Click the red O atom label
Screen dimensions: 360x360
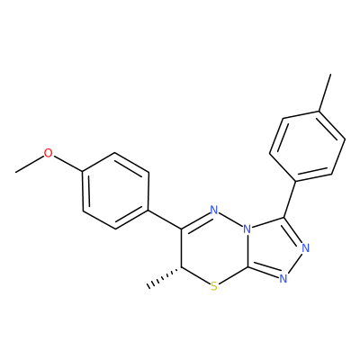pyautogui.click(x=48, y=153)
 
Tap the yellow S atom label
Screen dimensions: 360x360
pyautogui.click(x=213, y=287)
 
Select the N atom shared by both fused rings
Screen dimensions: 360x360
pyautogui.click(x=247, y=229)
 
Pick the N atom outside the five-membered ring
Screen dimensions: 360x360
pyautogui.click(x=214, y=210)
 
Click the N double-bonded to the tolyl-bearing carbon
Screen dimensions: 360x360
pyautogui.click(x=305, y=248)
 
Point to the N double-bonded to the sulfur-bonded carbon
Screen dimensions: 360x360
pyautogui.click(x=283, y=279)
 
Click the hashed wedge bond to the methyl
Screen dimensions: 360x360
pyautogui.click(x=164, y=277)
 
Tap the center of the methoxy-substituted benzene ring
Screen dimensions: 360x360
pyautogui.click(x=115, y=191)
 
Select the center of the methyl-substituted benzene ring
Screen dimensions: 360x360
pyautogui.click(x=307, y=147)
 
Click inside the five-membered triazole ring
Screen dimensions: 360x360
pyautogui.click(x=273, y=247)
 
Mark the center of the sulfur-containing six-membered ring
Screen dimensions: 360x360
pyautogui.click(x=214, y=248)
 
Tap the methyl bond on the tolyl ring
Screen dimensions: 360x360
pyautogui.click(x=325, y=93)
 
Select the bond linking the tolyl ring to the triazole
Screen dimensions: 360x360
pyautogui.click(x=290, y=199)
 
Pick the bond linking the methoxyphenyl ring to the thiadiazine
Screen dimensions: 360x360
pyautogui.click(x=165, y=220)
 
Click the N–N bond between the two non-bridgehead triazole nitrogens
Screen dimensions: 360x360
pyautogui.click(x=295, y=264)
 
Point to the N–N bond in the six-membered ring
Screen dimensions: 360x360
pyautogui.click(x=230, y=220)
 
